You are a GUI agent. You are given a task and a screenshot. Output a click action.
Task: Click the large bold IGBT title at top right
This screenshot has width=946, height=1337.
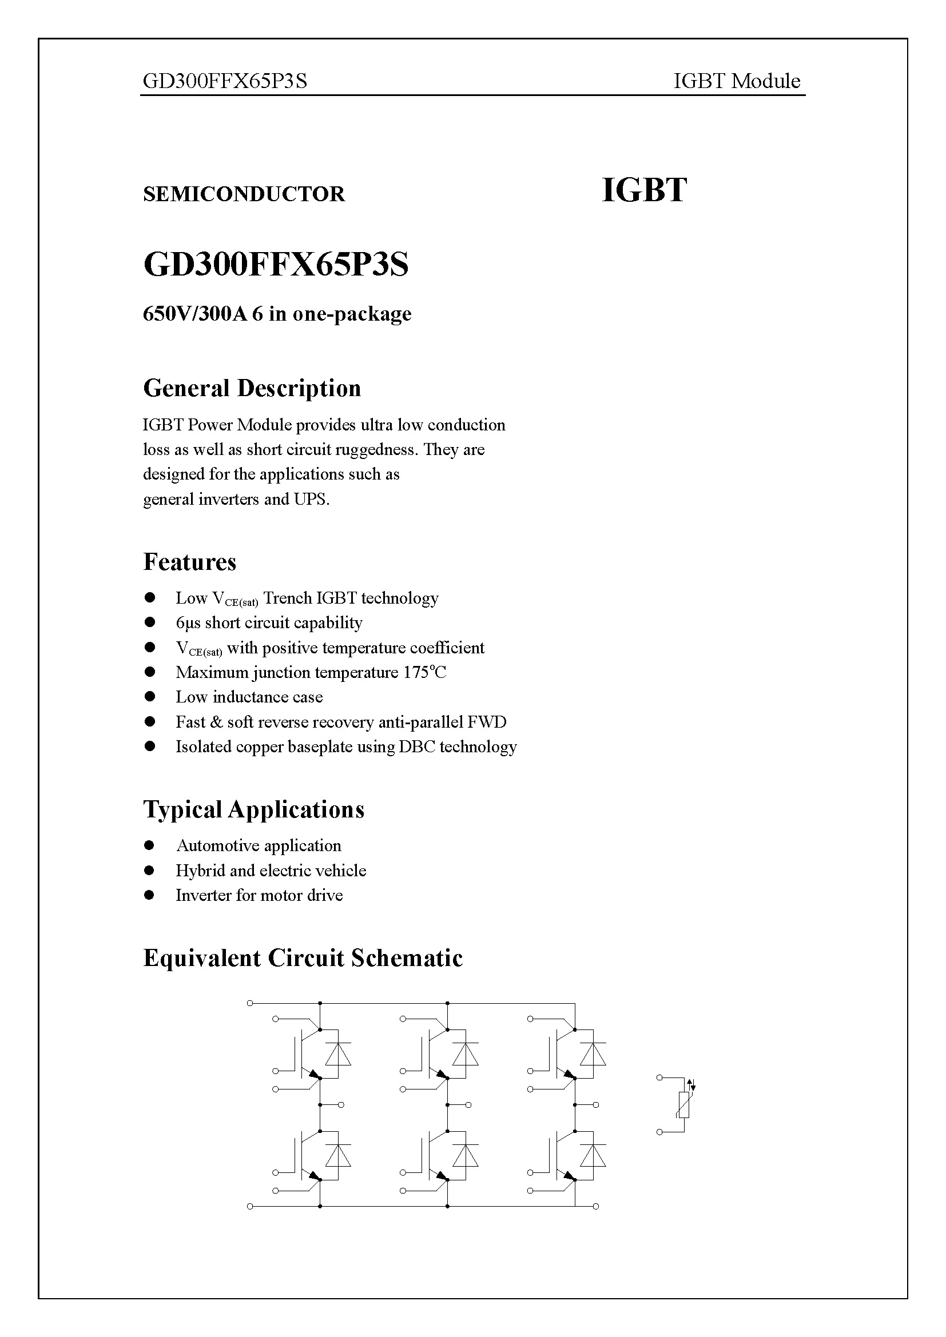click(x=643, y=190)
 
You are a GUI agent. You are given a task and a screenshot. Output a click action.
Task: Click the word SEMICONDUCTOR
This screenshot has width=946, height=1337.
click(x=244, y=194)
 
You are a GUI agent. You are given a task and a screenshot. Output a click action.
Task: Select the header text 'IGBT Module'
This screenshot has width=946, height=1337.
click(x=736, y=81)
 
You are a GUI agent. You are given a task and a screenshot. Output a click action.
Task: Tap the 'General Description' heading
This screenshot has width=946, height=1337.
click(x=252, y=388)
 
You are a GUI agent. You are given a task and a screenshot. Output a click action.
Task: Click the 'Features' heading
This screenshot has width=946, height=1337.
click(x=189, y=562)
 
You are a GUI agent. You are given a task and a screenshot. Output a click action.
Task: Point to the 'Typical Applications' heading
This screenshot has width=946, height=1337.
click(x=253, y=809)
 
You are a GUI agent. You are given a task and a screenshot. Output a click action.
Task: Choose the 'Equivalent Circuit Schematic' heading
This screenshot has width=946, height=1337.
click(x=303, y=958)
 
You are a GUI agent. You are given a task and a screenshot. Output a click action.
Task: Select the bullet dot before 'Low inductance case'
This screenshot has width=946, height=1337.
click(x=150, y=696)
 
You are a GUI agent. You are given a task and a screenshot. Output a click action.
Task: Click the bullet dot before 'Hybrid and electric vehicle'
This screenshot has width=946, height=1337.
click(x=150, y=871)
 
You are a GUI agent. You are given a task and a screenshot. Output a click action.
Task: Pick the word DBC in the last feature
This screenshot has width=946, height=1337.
click(x=416, y=747)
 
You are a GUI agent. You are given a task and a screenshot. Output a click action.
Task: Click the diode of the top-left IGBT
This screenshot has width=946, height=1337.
click(x=338, y=1055)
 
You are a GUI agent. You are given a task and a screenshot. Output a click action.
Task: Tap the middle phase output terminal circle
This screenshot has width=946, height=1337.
click(x=468, y=1105)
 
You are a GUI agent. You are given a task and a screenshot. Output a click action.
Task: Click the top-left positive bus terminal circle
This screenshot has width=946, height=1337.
click(x=250, y=1003)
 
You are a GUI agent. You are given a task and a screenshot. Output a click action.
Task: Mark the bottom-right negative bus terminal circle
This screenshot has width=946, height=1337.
click(x=596, y=1206)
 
